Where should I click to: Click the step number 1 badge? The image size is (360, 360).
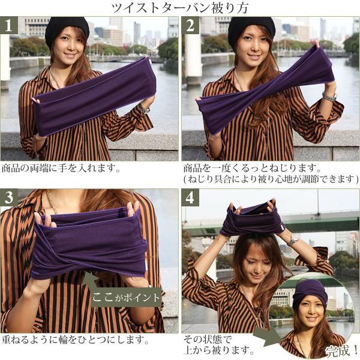[8, 26]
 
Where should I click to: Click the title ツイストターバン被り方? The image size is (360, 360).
[181, 8]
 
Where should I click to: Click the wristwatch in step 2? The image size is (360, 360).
[329, 97]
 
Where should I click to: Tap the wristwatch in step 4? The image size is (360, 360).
[293, 239]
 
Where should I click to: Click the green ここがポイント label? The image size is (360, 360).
[126, 297]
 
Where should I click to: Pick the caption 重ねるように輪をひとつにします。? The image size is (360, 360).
[75, 340]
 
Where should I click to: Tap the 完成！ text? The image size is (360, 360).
[340, 350]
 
